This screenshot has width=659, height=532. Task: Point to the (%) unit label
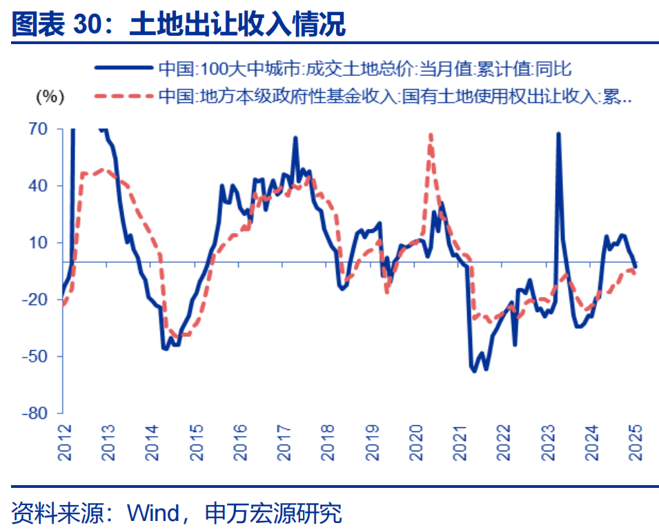[x=49, y=97]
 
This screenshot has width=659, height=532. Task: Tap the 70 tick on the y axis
[x=39, y=129]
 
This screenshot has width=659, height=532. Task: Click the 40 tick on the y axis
[x=39, y=186]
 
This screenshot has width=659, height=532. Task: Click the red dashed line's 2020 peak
[x=430, y=135]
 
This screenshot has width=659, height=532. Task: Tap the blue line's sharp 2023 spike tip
[x=558, y=134]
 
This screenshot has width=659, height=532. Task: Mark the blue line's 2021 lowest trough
[x=474, y=371]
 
